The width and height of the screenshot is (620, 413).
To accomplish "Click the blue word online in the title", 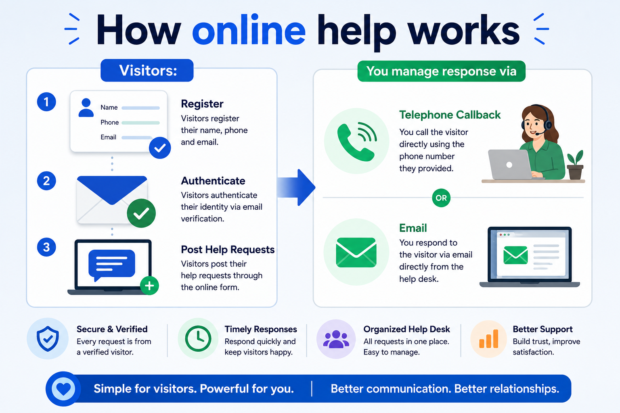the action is click(249, 30).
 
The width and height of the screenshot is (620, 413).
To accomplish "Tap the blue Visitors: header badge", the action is click(147, 70).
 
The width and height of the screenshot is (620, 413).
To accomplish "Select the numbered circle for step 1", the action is click(46, 102).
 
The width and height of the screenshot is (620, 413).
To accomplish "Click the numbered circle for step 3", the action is click(46, 247).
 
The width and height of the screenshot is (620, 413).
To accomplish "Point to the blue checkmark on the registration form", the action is click(160, 148).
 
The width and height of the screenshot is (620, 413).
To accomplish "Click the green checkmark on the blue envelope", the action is click(141, 213).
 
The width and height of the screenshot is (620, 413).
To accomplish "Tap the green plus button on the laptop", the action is click(149, 286).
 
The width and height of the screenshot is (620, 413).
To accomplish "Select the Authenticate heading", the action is click(213, 181).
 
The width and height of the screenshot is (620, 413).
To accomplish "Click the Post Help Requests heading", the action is click(228, 250).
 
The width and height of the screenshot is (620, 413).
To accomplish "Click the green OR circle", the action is click(441, 198).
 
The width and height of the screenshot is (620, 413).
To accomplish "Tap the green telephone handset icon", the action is click(356, 141).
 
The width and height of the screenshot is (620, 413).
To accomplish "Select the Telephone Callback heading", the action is click(450, 115).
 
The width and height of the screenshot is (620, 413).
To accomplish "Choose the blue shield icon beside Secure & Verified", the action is click(48, 339).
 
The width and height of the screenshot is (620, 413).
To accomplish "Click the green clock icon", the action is click(198, 339).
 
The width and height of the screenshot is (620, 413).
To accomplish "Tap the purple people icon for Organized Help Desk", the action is click(336, 339).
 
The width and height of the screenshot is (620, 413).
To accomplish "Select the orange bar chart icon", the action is click(488, 339).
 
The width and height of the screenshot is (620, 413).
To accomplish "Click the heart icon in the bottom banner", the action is click(63, 389).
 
